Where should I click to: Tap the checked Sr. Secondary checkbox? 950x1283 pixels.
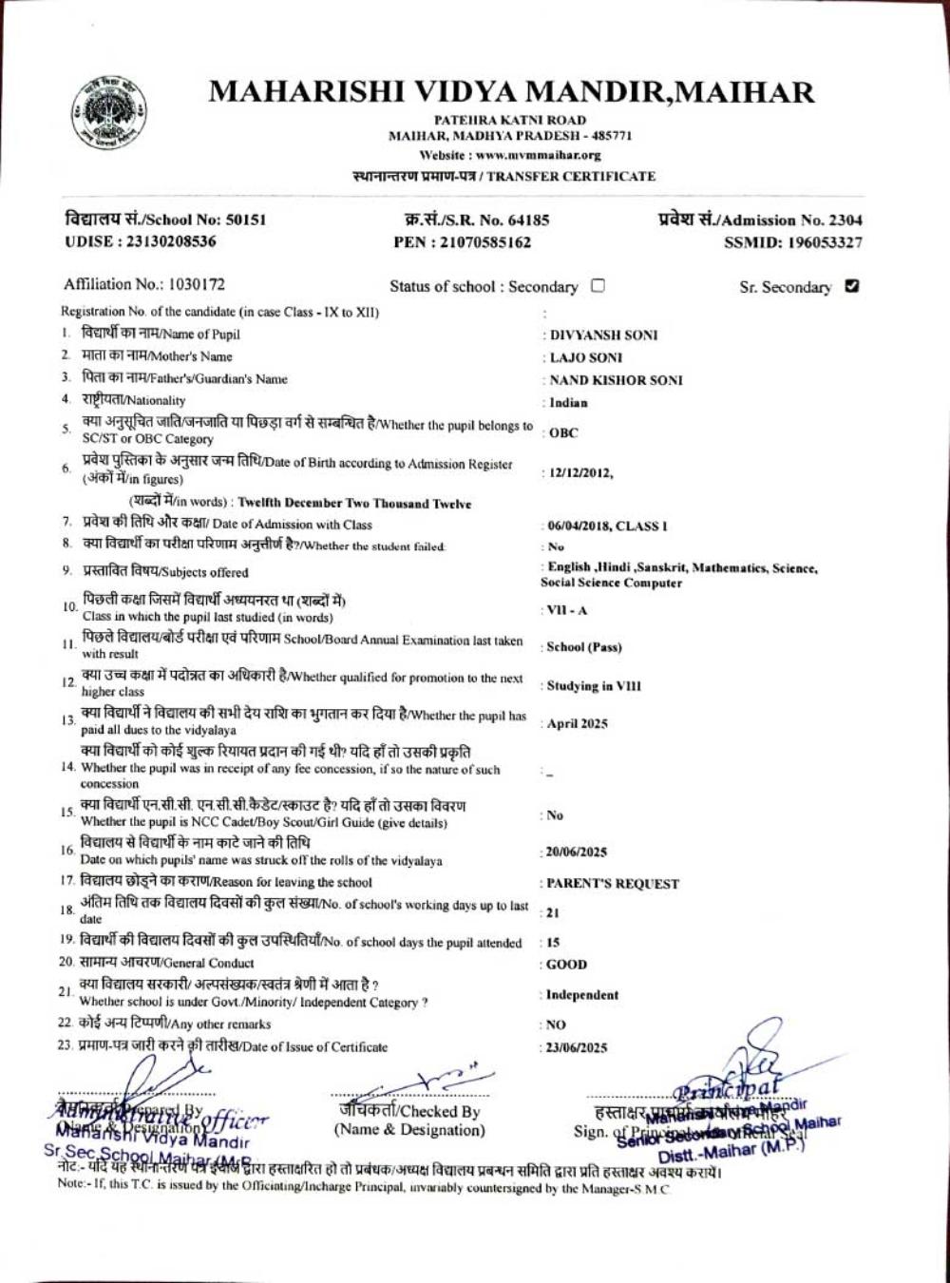852,286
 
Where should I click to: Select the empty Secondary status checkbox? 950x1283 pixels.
598,285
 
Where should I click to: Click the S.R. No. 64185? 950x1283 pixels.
523,220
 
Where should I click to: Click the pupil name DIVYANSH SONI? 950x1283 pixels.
604,335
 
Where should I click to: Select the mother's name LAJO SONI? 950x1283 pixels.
586,357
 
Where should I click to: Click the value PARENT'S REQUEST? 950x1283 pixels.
613,884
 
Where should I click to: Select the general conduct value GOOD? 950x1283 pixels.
566,964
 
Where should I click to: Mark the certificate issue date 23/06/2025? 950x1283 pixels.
577,1048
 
